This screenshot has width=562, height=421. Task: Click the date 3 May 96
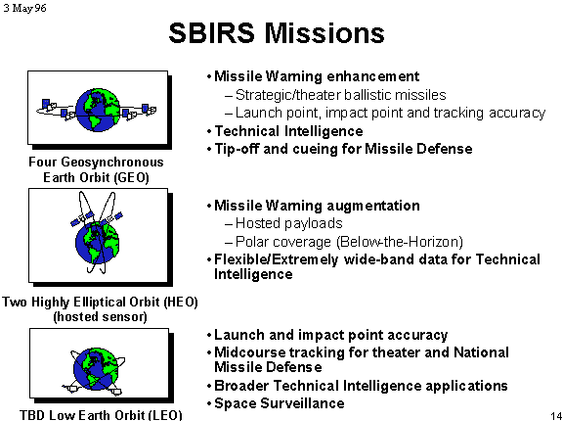(24, 8)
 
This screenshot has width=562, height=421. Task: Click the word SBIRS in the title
(211, 33)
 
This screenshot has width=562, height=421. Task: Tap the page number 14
(555, 415)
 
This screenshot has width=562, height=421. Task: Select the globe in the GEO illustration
(98, 110)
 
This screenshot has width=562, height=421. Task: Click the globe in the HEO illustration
(97, 243)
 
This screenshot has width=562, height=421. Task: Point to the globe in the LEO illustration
(96, 369)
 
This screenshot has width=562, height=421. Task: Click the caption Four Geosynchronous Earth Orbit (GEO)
(96, 169)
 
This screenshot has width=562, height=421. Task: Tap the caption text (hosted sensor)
(100, 317)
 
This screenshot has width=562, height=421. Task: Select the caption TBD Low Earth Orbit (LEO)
(101, 415)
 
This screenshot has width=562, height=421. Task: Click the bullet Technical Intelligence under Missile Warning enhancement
(288, 131)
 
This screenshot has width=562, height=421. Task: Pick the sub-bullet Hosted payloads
(289, 223)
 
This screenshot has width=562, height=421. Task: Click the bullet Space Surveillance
(280, 403)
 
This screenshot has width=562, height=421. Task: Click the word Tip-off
(237, 149)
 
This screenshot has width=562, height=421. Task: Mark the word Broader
(241, 386)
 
